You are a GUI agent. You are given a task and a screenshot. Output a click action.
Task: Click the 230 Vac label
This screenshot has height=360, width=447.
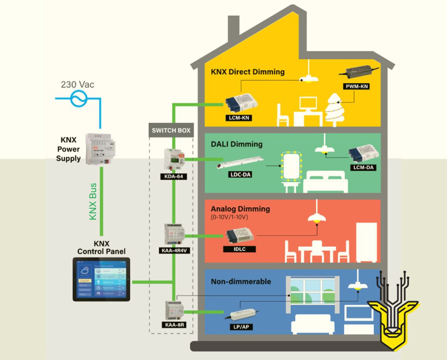[x=78, y=84]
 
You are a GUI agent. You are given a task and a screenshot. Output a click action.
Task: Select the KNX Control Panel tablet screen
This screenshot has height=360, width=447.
[x=101, y=279]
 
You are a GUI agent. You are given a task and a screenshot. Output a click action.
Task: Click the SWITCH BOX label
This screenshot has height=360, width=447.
[x=171, y=130]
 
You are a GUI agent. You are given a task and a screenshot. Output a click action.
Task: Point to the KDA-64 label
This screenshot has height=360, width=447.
[x=172, y=177]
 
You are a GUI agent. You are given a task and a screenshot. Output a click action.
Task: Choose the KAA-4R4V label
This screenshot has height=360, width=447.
[x=172, y=251]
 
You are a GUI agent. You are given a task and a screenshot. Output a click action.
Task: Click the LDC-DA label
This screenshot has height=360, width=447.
[x=238, y=175]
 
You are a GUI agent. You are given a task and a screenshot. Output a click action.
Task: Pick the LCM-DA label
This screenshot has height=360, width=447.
[x=363, y=167]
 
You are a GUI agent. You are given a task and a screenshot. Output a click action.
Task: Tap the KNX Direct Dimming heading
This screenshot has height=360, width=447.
[x=248, y=72]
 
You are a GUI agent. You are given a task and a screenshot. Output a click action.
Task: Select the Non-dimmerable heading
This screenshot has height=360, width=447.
[x=241, y=281]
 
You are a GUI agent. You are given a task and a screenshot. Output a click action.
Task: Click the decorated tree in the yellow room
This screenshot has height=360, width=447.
[x=338, y=109]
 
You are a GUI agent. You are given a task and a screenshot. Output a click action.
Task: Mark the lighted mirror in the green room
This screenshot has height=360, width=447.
[x=291, y=166]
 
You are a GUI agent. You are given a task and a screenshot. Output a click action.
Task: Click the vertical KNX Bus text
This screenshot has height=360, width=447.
[x=93, y=201]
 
